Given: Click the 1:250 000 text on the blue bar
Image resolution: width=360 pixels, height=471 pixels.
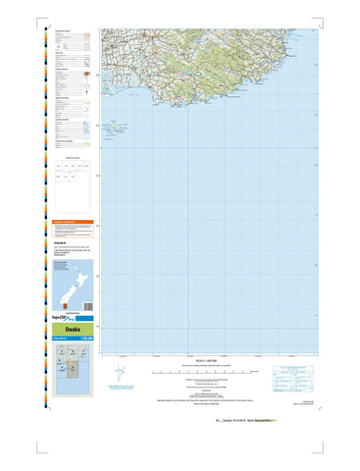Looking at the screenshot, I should [x=84, y=340].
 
